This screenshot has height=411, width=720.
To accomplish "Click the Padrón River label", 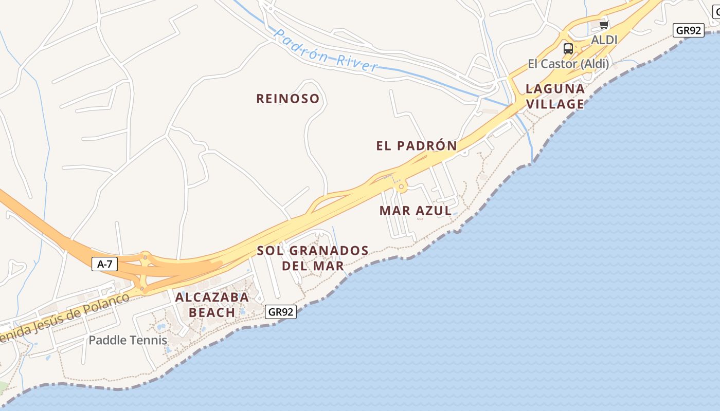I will coord(326,50).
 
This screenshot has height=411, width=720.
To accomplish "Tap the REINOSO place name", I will coord(287,99).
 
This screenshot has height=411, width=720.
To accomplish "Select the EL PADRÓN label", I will coord(416,146).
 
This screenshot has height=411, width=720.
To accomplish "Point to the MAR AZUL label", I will coord(416,211).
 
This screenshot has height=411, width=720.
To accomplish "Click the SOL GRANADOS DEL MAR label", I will coord(313,258).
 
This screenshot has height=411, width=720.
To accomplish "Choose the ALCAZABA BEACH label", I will coord(212,304).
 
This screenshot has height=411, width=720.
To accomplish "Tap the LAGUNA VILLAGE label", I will coord(555,97).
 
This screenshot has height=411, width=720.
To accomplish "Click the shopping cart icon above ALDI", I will coord(604,25).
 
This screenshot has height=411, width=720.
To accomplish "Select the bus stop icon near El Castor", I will coord(568,49).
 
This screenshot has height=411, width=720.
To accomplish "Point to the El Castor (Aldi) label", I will coord(568,64).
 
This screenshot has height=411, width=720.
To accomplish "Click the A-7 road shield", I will coord(104,265).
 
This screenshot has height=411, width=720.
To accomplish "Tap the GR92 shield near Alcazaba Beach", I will coord(281,311).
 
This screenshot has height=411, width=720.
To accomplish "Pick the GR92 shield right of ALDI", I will coord(688,30).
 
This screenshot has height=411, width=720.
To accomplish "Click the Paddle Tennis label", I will coord(128,340).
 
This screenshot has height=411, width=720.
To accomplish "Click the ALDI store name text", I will coord(604,40).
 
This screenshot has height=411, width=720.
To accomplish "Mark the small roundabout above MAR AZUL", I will coord(402,188).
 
